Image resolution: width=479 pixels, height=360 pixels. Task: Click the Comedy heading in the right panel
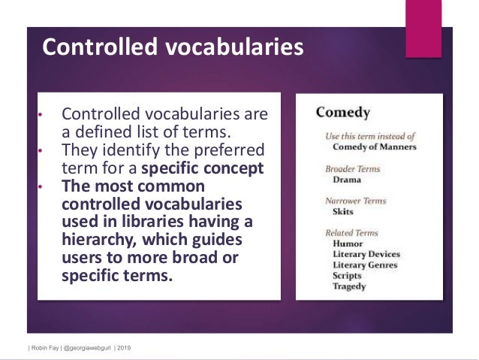click(x=343, y=113)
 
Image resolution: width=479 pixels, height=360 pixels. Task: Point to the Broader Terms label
click(x=352, y=169)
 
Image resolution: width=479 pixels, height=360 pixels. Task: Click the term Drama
click(x=346, y=180)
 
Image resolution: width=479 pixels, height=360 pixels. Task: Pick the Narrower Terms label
click(x=355, y=201)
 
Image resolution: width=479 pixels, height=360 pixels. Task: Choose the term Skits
click(x=343, y=212)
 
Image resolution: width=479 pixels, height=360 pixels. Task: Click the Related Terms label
click(x=351, y=233)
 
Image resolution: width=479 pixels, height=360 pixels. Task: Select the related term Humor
click(x=348, y=244)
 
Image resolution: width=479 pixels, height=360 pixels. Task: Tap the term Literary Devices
click(x=366, y=254)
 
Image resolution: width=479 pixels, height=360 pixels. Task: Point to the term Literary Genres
click(x=365, y=265)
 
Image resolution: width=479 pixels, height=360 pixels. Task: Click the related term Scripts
click(x=348, y=275)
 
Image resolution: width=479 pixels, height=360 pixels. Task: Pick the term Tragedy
click(x=349, y=286)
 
